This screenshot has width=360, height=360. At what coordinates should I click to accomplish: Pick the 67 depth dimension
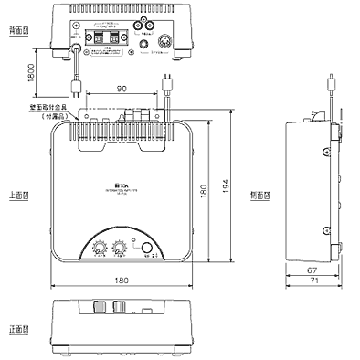coord(311,270)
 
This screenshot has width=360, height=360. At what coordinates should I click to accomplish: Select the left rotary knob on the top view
coord(101,247)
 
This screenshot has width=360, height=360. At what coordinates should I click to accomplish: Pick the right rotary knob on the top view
coord(121,247)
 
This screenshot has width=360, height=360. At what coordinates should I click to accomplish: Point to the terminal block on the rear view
coord(102,37)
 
